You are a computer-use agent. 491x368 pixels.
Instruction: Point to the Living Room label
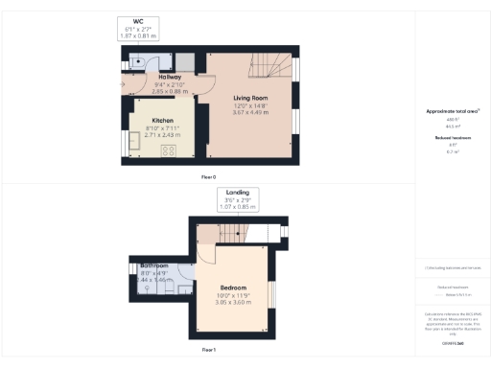[x=251, y=98]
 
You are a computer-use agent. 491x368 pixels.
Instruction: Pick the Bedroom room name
[x=233, y=287]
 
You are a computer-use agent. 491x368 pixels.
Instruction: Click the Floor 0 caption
[x=209, y=177]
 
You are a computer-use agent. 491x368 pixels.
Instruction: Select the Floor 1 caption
[x=209, y=351]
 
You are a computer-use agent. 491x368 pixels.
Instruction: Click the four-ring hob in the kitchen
[x=169, y=150]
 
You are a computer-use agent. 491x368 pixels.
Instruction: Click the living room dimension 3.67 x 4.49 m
[x=251, y=112]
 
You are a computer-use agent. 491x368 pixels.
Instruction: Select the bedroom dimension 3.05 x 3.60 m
[x=233, y=302]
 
